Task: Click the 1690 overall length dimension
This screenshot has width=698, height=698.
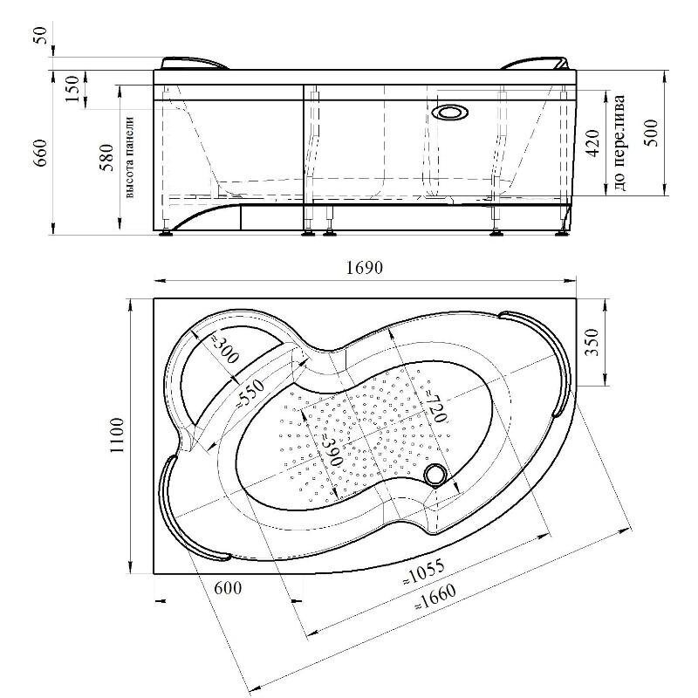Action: pyautogui.click(x=364, y=268)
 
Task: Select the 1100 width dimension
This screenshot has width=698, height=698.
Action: pyautogui.click(x=117, y=435)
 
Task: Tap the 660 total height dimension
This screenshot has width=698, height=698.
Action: pyautogui.click(x=40, y=154)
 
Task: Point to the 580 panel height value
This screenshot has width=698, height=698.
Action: pyautogui.click(x=106, y=158)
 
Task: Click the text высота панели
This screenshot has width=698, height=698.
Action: pyautogui.click(x=129, y=157)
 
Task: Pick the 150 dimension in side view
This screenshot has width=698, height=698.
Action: pyautogui.click(x=72, y=89)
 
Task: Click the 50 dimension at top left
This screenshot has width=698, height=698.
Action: pyautogui.click(x=40, y=35)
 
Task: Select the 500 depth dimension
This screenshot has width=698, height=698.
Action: pyautogui.click(x=651, y=133)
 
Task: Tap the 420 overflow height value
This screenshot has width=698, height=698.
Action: pyautogui.click(x=592, y=143)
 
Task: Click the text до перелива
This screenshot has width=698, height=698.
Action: pyautogui.click(x=619, y=142)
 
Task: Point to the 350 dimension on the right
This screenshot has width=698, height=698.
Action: pyautogui.click(x=592, y=342)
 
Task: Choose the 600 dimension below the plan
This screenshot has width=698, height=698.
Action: pyautogui.click(x=228, y=588)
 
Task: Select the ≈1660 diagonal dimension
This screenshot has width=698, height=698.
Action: pyautogui.click(x=435, y=597)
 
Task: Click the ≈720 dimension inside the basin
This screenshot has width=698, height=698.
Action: pyautogui.click(x=435, y=407)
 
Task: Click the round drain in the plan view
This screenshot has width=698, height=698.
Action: pyautogui.click(x=435, y=475)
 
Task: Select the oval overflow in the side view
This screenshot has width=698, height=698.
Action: pyautogui.click(x=450, y=113)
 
